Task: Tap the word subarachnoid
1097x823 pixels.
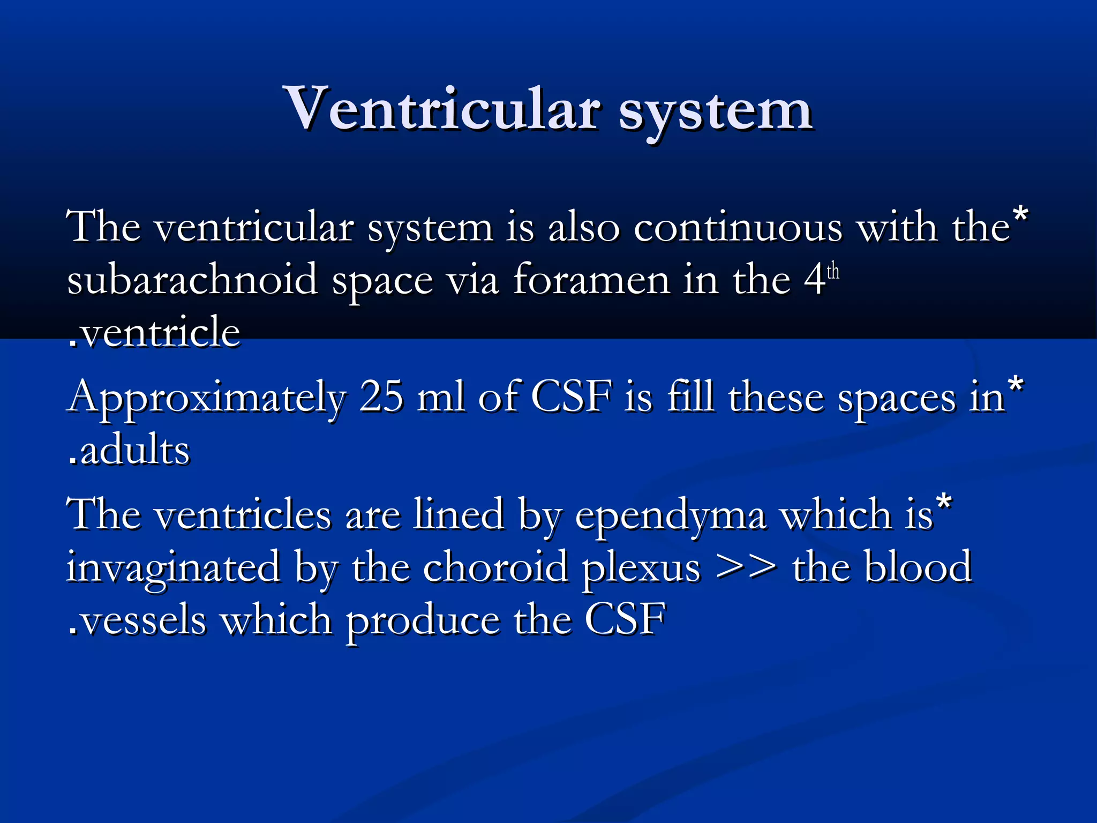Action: pyautogui.click(x=192, y=280)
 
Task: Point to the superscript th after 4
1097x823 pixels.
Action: pyautogui.click(x=833, y=272)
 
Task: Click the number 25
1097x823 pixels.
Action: pyautogui.click(x=381, y=396)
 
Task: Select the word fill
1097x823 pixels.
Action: pyautogui.click(x=690, y=396)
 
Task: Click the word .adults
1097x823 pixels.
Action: pyautogui.click(x=129, y=450)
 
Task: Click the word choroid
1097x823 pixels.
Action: pyautogui.click(x=495, y=567)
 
